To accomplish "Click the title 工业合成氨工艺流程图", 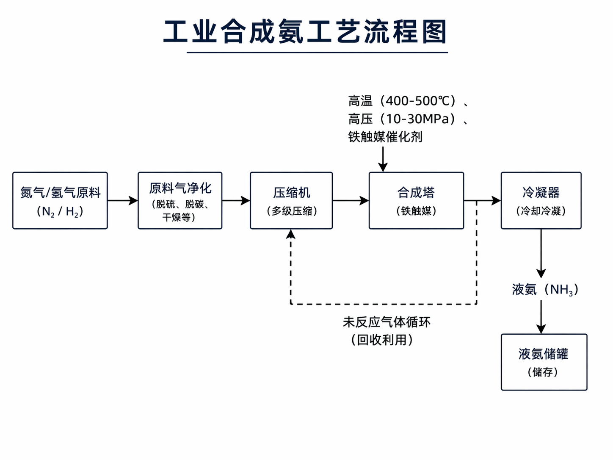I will pos(306,32).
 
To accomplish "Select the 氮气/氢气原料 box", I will pos(60,201).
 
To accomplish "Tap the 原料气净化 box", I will pos(180,201).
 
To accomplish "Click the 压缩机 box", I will pos(291,201).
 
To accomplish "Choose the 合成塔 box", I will pos(416,201).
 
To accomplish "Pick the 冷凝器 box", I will pos(541,201).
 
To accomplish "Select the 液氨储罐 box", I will pos(544,362).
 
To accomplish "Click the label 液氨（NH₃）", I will pos(545,290).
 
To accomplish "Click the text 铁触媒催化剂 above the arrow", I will pos(385,137).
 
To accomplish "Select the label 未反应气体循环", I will pos(387,322).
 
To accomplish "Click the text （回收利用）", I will pos(382,340).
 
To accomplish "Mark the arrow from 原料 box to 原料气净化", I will pos(123,201).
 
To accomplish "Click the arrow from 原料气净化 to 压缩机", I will pos(236,201).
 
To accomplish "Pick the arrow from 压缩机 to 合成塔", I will pos(351,201).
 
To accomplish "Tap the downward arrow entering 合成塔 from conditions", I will pos(383,160).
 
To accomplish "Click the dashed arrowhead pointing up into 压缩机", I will pos(291,234).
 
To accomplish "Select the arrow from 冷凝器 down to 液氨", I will pos(541,254).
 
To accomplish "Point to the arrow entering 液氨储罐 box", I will pos(541,318).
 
